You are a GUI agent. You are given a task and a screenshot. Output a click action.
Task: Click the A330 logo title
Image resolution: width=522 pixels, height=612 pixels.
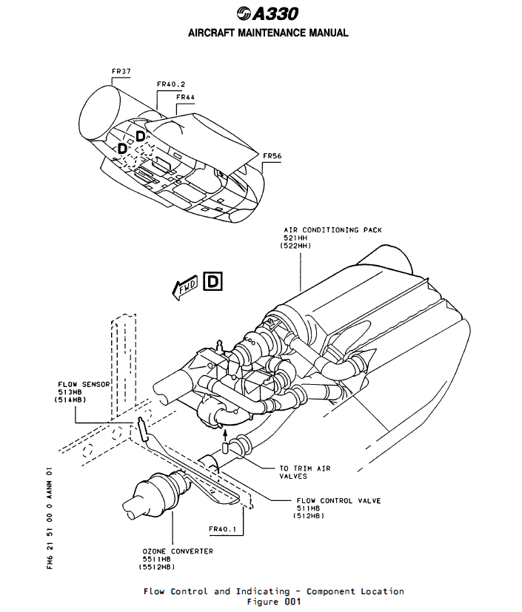click(268, 14)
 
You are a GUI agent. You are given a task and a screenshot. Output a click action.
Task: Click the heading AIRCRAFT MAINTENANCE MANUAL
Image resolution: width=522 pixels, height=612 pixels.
click(268, 33)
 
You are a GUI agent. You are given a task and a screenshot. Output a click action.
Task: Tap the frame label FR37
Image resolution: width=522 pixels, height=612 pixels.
click(121, 72)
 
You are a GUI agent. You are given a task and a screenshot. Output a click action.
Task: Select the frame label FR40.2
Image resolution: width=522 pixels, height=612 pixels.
click(171, 84)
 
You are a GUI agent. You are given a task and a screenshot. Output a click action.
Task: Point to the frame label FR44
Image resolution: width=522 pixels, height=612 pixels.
click(185, 97)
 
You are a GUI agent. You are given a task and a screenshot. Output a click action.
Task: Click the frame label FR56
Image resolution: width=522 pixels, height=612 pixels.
click(272, 156)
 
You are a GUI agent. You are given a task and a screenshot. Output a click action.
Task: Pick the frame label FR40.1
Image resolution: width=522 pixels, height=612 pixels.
click(221, 529)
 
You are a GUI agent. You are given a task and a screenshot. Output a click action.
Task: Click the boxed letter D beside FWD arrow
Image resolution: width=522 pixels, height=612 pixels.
click(213, 282)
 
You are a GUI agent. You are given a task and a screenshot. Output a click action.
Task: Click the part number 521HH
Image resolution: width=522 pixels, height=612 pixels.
click(292, 238)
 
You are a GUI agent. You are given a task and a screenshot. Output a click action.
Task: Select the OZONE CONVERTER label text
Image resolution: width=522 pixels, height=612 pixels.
click(178, 551)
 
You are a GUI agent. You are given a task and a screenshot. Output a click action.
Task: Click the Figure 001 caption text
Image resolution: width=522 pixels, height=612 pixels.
click(273, 601)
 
